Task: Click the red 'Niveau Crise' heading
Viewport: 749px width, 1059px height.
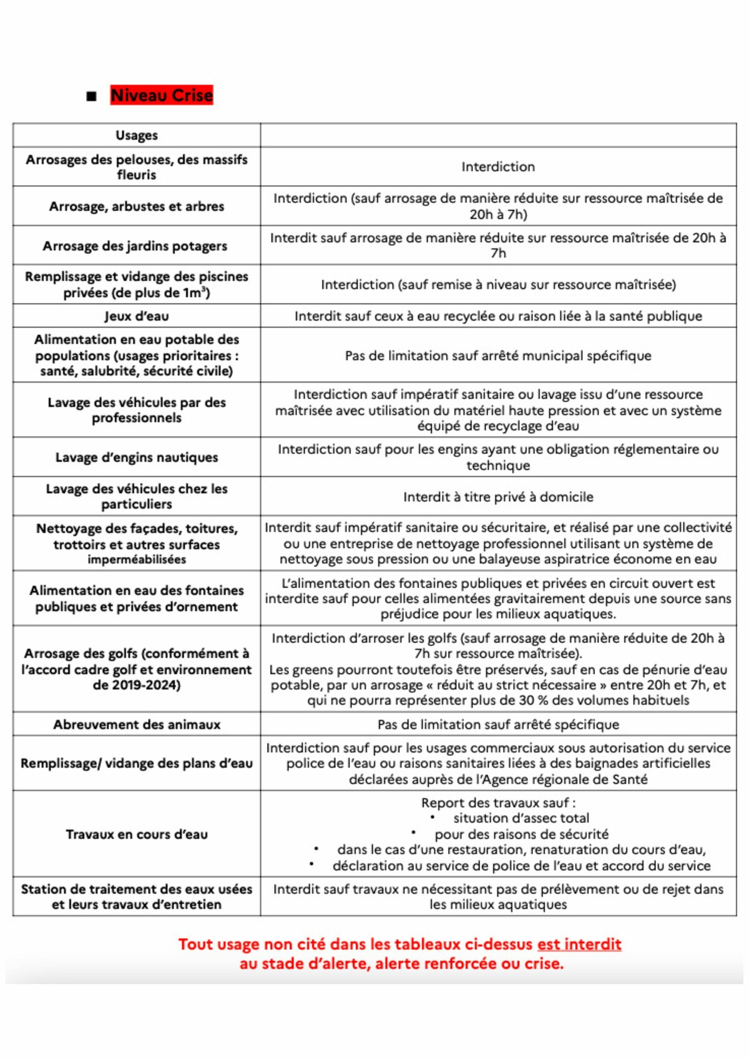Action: click(162, 95)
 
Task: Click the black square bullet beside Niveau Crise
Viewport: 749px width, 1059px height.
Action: click(92, 96)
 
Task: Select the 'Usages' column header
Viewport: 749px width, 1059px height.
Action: click(137, 135)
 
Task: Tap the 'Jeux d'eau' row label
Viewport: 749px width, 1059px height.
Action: click(137, 316)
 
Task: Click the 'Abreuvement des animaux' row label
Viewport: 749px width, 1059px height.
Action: click(137, 725)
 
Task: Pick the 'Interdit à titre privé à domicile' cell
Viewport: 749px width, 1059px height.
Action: click(498, 497)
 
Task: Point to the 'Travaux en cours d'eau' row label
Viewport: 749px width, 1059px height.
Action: click(137, 834)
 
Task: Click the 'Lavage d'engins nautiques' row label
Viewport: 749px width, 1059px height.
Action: click(137, 457)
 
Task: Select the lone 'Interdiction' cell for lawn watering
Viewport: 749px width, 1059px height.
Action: click(498, 167)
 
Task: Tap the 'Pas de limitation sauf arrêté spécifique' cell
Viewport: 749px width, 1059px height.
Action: click(498, 725)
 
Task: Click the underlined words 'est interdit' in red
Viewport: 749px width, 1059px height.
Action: click(579, 944)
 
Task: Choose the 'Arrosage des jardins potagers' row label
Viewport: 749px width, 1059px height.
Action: click(135, 246)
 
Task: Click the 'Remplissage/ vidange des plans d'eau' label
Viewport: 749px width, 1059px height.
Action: click(137, 763)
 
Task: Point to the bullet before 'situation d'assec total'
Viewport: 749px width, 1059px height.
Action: click(433, 817)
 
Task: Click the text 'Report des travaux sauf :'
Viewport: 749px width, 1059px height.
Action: click(498, 803)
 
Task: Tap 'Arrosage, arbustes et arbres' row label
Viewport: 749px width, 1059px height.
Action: click(137, 207)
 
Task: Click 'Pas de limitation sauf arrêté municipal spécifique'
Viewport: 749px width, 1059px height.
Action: click(498, 356)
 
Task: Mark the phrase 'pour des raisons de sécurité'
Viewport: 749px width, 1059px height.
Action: click(521, 834)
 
